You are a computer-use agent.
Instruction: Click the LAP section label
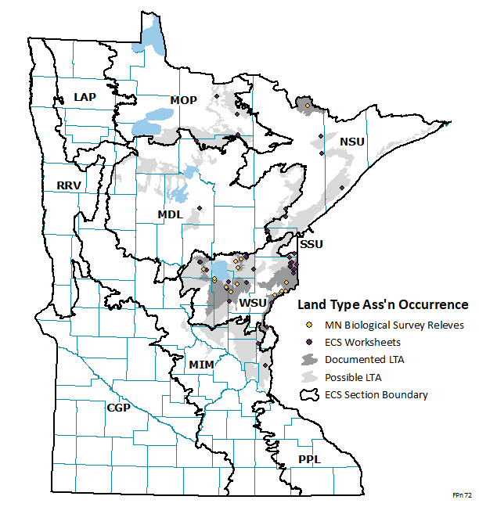[85, 96]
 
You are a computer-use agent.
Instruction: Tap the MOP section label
[184, 99]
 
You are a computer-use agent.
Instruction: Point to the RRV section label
[69, 185]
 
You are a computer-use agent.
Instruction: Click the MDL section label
[171, 214]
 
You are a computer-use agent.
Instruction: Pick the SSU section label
[312, 245]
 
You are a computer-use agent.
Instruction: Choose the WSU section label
[254, 303]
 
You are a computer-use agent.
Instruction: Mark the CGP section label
[118, 408]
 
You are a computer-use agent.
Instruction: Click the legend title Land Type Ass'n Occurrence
[380, 304]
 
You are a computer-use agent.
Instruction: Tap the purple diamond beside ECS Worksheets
[310, 342]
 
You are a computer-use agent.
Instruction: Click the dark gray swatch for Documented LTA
[310, 359]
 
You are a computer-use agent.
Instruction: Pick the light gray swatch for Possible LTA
[310, 377]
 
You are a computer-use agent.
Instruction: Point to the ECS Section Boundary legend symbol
[310, 394]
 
